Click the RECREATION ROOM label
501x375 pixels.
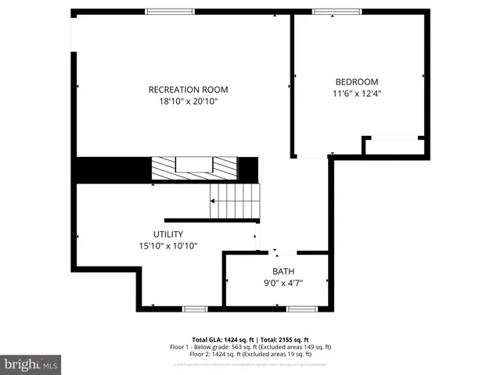(188, 90)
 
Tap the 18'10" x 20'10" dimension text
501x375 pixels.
(188, 102)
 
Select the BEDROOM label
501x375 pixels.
(356, 82)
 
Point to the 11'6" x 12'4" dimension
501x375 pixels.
(356, 94)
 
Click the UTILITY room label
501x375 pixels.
(168, 234)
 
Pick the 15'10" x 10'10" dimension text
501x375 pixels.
(168, 246)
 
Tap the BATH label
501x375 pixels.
(283, 272)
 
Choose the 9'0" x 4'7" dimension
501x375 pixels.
(283, 283)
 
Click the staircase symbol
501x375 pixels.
(235, 202)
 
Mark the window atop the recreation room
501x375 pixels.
(170, 12)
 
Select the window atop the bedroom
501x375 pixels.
(337, 12)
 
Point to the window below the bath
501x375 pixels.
(301, 309)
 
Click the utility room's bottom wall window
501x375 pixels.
(194, 309)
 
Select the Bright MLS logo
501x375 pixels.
(31, 364)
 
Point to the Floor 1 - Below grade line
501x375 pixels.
(250, 347)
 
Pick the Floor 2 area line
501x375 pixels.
(250, 354)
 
